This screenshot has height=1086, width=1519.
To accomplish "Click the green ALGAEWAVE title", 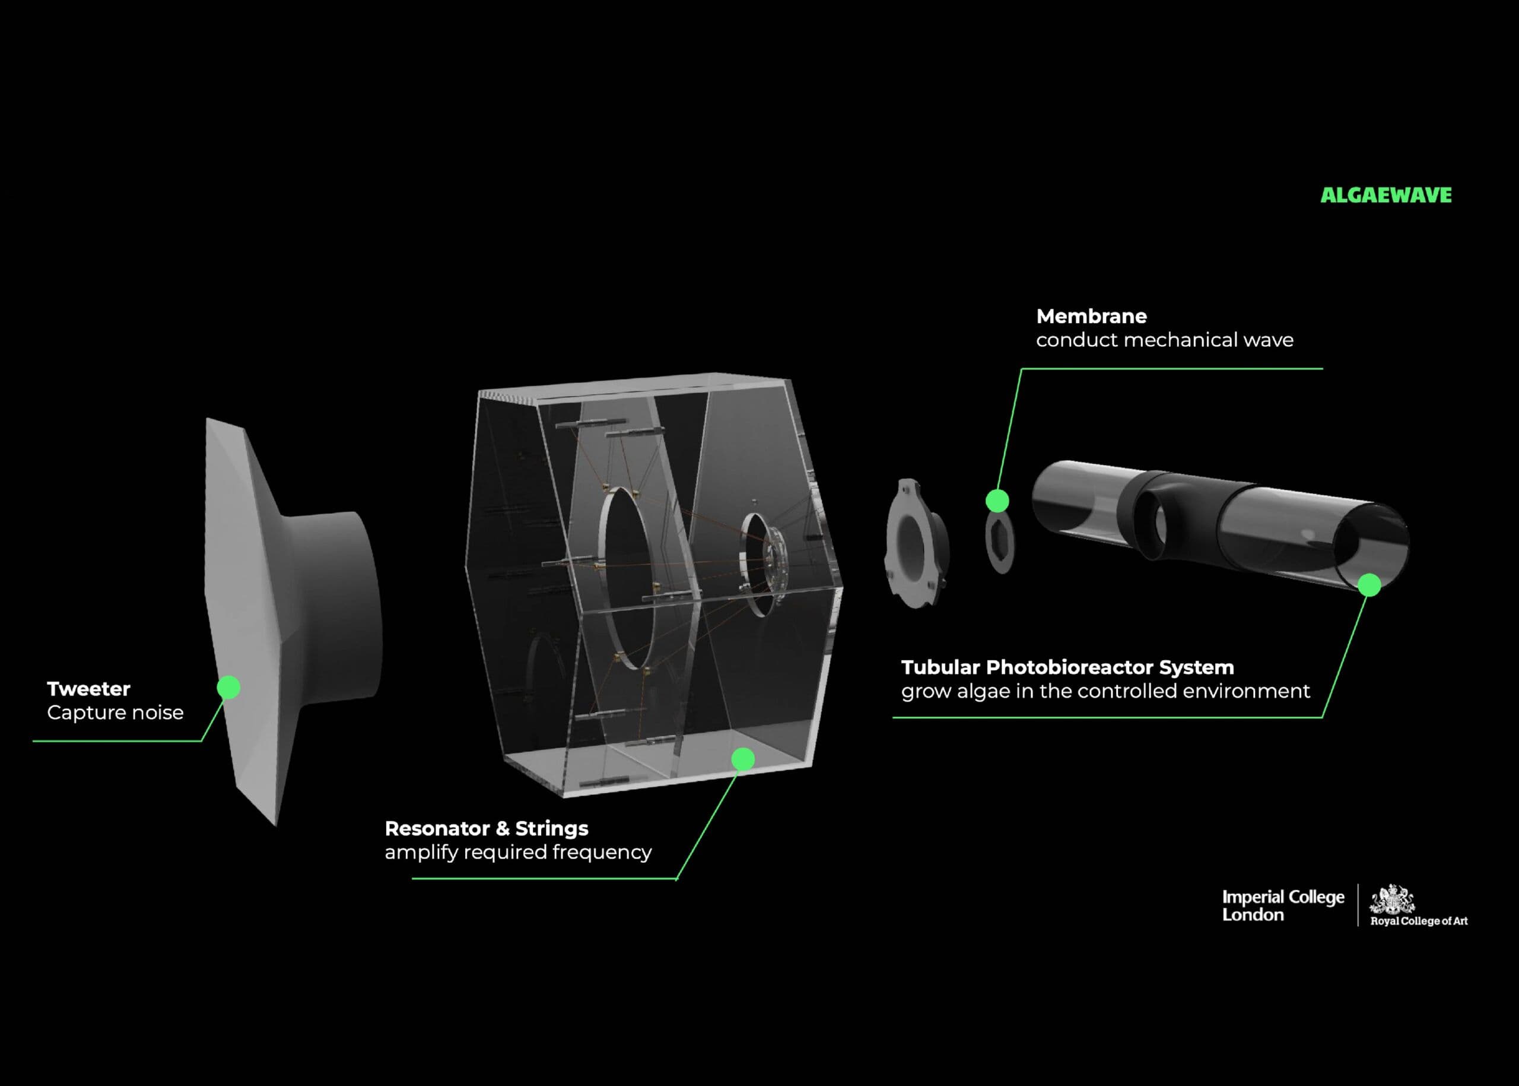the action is [1385, 195].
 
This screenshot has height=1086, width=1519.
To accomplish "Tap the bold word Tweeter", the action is [88, 689].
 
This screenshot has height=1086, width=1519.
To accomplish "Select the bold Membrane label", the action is [1091, 316].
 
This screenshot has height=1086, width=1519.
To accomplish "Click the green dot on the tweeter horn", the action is [228, 687].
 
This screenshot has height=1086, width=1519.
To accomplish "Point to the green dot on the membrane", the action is [997, 500].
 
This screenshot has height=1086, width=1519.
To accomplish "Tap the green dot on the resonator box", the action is [743, 758].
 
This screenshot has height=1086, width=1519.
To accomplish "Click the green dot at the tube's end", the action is [1369, 584].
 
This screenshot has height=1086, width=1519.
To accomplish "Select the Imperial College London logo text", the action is [1283, 905].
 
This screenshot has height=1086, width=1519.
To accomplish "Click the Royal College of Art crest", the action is [1392, 899].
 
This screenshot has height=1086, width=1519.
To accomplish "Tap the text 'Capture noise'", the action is [115, 713].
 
